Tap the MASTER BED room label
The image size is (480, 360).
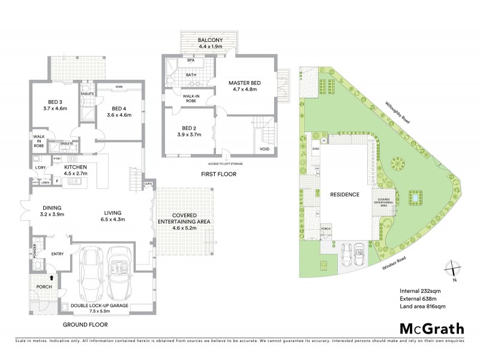point(242,86)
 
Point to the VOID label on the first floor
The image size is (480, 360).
point(265,149)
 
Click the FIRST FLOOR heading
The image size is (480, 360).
point(219,174)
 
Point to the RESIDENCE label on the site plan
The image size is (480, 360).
point(343,194)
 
